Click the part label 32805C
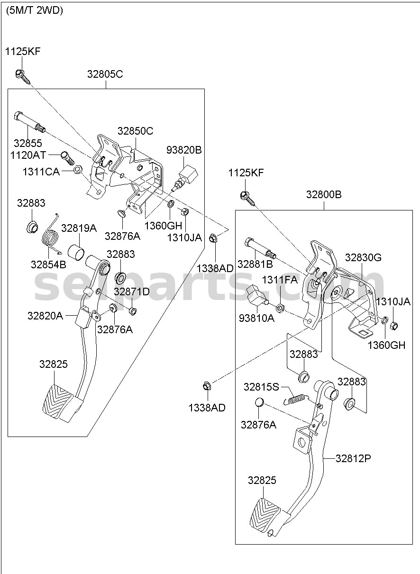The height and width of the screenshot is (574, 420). [105, 74]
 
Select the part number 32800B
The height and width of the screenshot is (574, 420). [324, 195]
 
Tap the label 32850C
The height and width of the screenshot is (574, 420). [135, 131]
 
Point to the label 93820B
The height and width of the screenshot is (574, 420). [184, 150]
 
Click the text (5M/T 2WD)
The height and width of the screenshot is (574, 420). [35, 10]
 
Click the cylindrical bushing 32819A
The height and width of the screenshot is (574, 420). [76, 252]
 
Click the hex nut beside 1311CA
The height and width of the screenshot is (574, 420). [78, 169]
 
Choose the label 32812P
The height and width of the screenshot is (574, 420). [353, 458]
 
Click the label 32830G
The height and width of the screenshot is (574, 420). [363, 257]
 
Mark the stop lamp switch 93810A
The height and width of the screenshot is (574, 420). [257, 296]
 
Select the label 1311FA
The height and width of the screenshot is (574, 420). [280, 280]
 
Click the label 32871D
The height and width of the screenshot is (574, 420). [131, 292]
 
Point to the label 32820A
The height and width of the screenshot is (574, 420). [45, 316]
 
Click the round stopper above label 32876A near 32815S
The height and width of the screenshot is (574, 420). [259, 402]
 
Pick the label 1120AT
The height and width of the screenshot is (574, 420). [28, 155]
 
